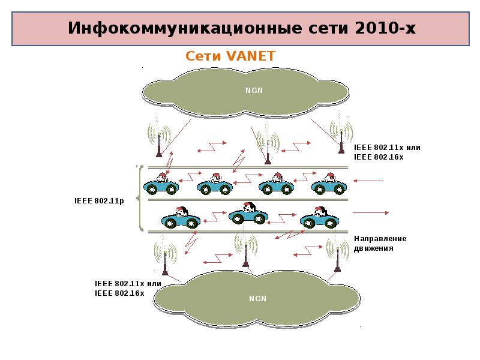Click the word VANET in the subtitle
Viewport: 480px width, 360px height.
(250, 56)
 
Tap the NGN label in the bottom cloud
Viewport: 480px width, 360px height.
(257, 298)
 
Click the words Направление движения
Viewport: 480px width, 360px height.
(380, 243)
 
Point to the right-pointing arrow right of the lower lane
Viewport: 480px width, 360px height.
(371, 212)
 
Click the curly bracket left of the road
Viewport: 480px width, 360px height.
(140, 199)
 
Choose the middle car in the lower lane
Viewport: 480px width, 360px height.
(248, 216)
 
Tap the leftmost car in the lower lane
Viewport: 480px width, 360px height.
(181, 218)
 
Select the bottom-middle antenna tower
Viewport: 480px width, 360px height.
(245, 251)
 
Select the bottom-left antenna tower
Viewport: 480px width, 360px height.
(165, 257)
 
